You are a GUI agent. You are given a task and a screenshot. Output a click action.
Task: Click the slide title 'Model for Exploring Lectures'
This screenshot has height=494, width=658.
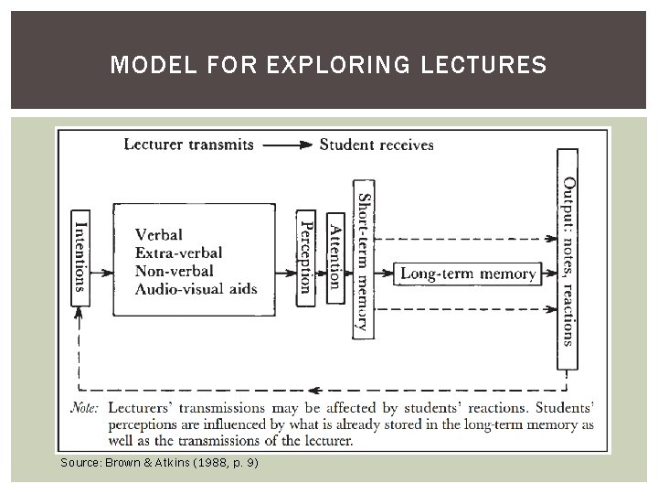pos(328,66)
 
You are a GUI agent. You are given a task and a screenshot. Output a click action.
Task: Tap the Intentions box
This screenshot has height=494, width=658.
pos(80,251)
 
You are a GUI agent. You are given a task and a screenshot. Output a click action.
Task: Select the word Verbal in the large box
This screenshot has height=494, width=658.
pos(159,234)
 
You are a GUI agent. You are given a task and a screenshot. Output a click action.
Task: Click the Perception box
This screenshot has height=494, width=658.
pos(306,252)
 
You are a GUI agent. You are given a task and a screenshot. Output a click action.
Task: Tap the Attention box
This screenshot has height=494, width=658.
pos(334,252)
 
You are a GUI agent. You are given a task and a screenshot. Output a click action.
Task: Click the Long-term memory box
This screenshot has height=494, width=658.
pos(468,273)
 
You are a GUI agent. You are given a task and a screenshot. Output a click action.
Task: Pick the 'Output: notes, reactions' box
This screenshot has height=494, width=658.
pos(568,261)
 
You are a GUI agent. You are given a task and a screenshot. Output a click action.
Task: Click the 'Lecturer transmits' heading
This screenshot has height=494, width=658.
pos(188,145)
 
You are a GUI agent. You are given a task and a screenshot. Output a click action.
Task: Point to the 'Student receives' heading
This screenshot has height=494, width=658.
pos(377,145)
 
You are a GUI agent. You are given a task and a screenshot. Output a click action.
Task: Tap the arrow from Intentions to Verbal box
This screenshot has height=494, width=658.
pos(101,273)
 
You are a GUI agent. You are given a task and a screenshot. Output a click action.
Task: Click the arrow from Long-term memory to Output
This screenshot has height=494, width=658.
pos(548,273)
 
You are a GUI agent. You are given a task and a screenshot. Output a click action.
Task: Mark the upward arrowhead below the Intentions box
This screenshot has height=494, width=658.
pos(80,312)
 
